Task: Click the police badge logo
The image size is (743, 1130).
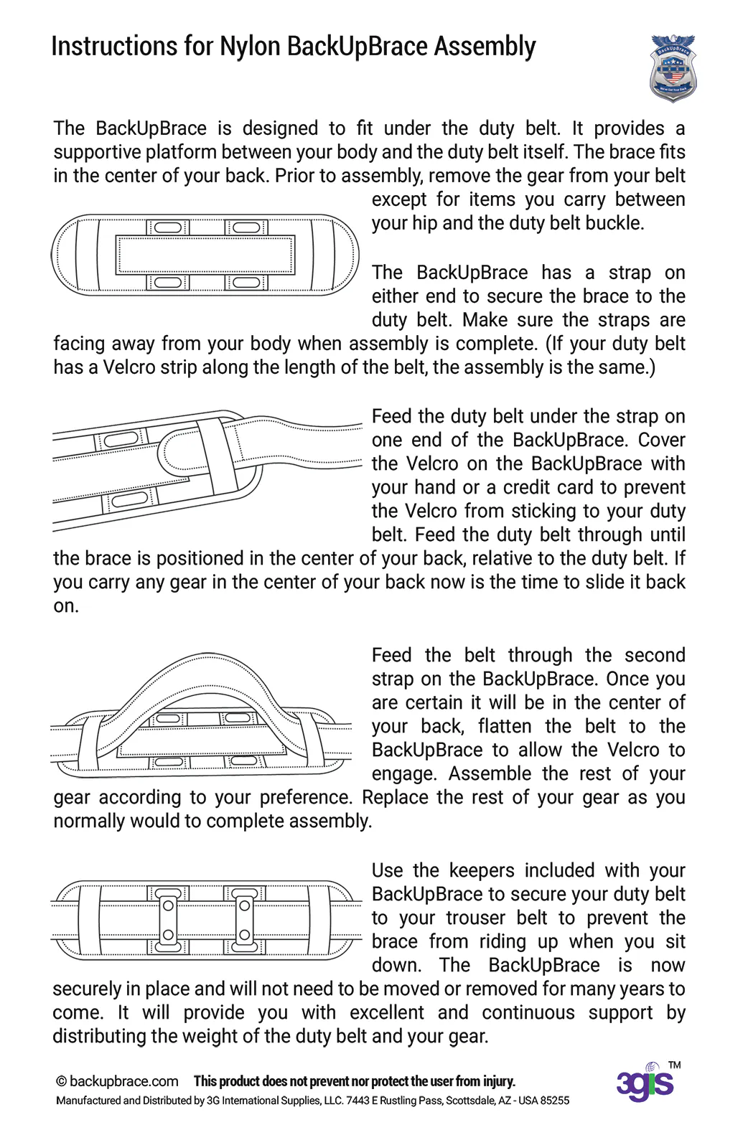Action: [673, 68]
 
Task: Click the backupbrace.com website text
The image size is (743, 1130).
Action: [124, 1081]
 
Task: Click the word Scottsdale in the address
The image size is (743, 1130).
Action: [470, 1101]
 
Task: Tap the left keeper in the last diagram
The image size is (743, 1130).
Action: [167, 920]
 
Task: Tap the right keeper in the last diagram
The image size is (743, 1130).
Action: [244, 920]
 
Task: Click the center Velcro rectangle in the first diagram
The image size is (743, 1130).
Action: [205, 255]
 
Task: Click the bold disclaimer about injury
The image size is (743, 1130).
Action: [355, 1081]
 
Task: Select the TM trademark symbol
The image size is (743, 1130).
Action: [674, 1065]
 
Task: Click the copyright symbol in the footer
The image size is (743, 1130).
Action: [62, 1081]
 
